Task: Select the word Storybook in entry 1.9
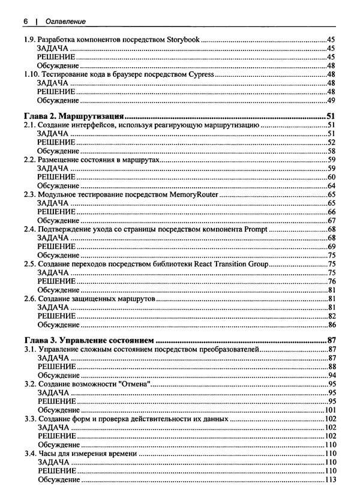[x=183, y=40]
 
